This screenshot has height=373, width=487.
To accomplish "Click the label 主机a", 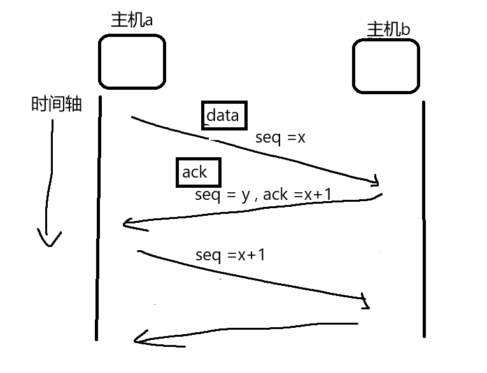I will click(132, 20).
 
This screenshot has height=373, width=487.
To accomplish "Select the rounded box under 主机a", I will click(132, 61).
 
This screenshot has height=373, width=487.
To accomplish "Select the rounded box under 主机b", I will click(386, 66).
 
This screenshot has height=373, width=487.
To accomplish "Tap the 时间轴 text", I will click(56, 104).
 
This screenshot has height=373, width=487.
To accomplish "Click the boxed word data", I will click(223, 115).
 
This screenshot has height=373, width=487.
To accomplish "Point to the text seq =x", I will click(280, 137).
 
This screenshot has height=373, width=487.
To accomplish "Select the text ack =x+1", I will click(297, 195).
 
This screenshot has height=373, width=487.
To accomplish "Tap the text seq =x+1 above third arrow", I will click(230, 255).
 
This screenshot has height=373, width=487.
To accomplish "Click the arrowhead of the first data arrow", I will click(378, 181).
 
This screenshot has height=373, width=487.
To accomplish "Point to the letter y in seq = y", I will click(245, 196).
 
